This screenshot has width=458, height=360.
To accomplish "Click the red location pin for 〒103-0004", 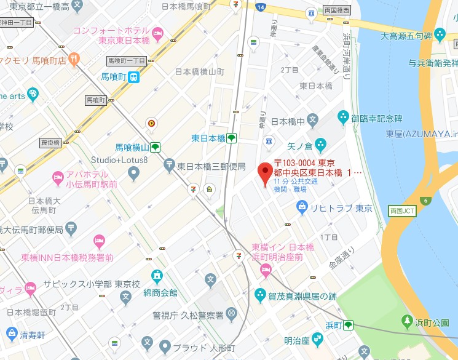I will click(265, 173).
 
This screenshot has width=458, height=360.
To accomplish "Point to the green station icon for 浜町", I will click(349, 324).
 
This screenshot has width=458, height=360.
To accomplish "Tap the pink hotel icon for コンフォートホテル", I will click(158, 31).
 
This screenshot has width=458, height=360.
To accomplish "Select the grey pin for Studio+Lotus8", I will click(133, 174).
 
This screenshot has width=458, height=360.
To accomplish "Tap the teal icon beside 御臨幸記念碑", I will click(343, 116).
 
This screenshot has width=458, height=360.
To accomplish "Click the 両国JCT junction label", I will click(403, 210).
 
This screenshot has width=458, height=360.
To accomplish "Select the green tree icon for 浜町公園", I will click(406, 321).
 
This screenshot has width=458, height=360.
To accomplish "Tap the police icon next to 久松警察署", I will click(231, 314).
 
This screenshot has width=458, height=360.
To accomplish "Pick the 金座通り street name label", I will click(342, 259).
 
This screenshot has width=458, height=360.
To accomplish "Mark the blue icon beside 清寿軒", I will click(10, 334).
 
